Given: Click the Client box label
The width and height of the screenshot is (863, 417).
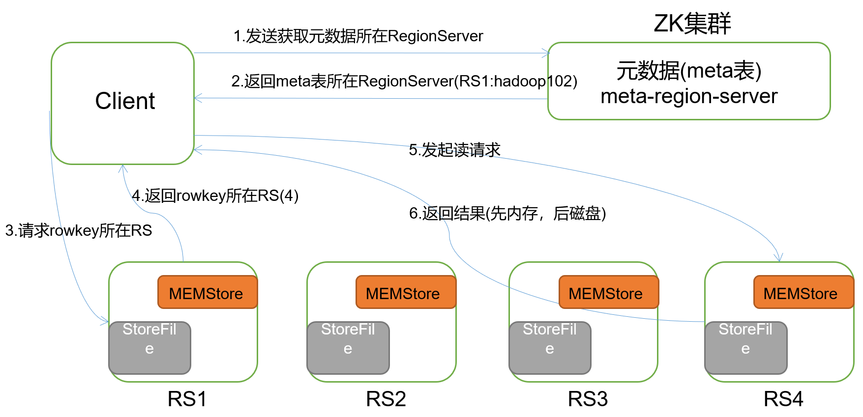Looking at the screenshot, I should coord(125,101).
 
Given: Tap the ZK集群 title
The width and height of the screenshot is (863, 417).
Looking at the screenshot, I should coord(692,24).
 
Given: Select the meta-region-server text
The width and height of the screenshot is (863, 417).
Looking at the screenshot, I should coord(689,96).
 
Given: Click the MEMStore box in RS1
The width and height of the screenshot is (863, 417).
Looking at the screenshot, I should coord(207,293).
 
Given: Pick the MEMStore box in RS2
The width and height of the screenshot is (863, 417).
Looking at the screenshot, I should coord(405,293).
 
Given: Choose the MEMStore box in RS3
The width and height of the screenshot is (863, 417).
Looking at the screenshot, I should coord(608,293).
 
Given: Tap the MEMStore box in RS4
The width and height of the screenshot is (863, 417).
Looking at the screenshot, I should coord(803,293).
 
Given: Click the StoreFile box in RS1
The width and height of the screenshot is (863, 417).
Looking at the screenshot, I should coord(149,347).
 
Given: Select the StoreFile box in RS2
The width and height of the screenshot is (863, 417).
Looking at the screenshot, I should coord(348,347).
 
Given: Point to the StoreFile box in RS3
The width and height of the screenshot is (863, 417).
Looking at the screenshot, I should coord(550,347).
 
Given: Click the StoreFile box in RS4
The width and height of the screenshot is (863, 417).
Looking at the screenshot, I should coord(745,347).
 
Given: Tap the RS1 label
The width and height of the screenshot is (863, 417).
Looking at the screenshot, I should coord(187,399).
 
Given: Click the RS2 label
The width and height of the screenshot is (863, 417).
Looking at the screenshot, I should coord(386,399).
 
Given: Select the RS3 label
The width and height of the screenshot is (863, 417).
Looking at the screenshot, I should coord(588,399).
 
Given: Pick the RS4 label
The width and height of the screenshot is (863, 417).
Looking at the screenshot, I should coord(783,399).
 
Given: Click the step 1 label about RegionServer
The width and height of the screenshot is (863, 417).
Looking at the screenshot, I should coord(358,36).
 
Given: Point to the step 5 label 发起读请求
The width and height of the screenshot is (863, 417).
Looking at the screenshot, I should coord(454,150).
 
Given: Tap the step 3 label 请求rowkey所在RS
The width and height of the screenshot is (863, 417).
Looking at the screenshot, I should coord(79,230).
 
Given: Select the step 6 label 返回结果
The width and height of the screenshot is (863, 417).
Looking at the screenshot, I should coord(507,214).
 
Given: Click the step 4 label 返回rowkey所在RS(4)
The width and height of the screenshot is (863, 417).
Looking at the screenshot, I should coord(215,196).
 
